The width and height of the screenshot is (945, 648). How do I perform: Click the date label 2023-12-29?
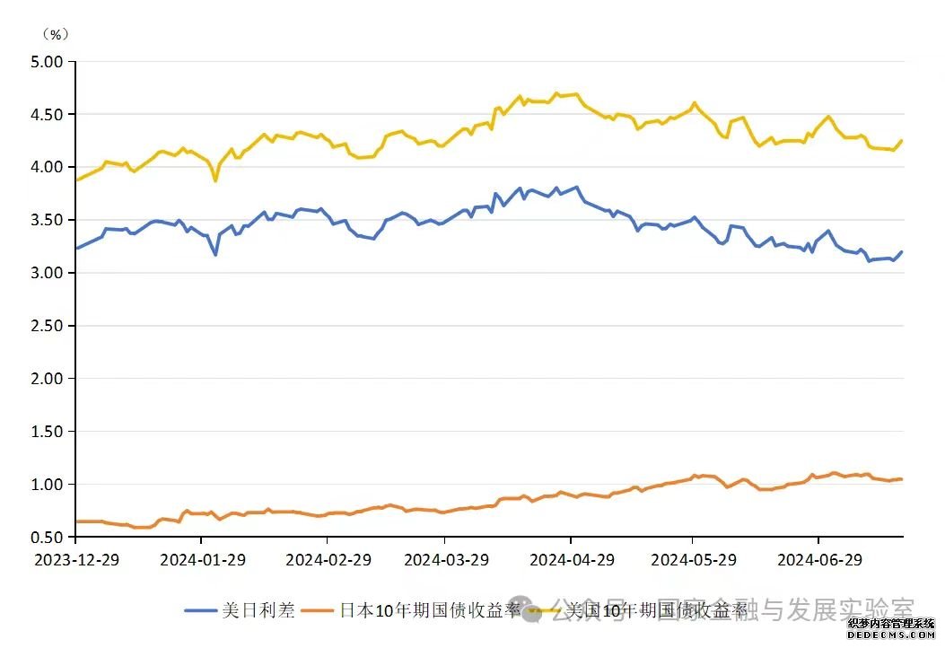(x=76, y=559)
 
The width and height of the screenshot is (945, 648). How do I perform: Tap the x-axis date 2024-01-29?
(x=202, y=559)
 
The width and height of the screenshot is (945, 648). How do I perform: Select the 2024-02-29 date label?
(x=328, y=559)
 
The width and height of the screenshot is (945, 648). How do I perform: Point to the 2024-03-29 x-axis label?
(x=446, y=559)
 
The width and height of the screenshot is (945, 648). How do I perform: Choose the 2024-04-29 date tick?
(x=572, y=559)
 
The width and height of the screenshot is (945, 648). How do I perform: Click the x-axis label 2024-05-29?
(x=693, y=559)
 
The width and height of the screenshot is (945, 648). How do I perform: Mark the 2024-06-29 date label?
(x=819, y=559)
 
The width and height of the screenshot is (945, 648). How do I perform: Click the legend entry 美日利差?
(x=258, y=611)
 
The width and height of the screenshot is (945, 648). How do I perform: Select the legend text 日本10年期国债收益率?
(x=431, y=611)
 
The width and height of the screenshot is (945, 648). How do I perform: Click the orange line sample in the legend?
(x=318, y=611)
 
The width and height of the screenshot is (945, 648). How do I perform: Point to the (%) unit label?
(x=56, y=34)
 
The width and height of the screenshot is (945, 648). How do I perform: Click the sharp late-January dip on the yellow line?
(x=215, y=180)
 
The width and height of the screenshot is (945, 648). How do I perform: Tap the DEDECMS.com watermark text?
(x=893, y=634)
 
